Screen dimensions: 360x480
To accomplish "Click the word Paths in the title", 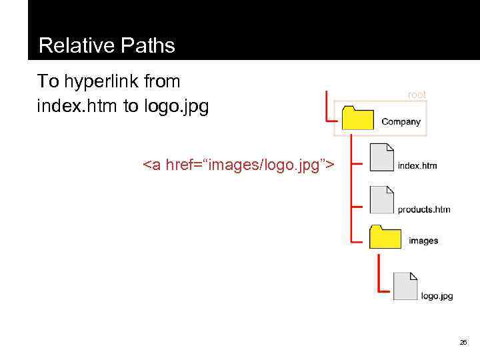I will click(x=149, y=45).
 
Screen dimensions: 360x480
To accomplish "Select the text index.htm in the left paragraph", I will click(x=78, y=106).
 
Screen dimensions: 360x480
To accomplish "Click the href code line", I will click(x=239, y=165).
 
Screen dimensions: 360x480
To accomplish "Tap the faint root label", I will click(x=417, y=95).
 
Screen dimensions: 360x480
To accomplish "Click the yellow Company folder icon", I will click(x=357, y=118).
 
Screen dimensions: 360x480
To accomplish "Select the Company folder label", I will click(x=401, y=122).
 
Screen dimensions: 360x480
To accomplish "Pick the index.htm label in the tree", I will click(x=417, y=165).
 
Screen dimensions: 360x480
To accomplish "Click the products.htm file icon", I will click(x=382, y=199).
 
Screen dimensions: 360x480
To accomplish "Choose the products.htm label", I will click(x=424, y=209).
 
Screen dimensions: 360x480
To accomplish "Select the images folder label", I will click(x=423, y=241).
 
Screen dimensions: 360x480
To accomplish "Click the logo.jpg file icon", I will click(x=405, y=286).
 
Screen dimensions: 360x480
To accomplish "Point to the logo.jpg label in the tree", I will click(x=437, y=295).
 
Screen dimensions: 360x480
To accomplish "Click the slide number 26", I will click(x=463, y=342).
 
